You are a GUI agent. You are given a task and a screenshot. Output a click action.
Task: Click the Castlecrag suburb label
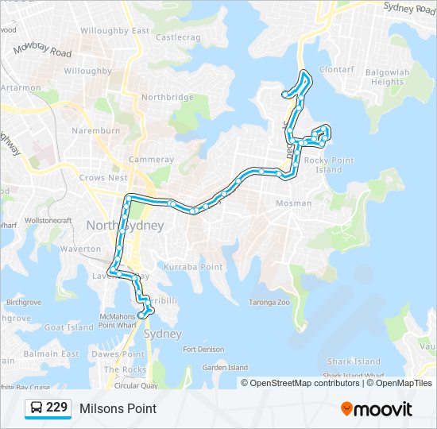pyautogui.click(x=176, y=37)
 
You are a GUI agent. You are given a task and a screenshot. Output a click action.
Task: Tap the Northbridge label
pyautogui.click(x=167, y=97)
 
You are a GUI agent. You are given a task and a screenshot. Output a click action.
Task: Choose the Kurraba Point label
pyautogui.click(x=193, y=267)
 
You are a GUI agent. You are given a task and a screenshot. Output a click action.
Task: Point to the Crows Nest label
pyautogui.click(x=103, y=178)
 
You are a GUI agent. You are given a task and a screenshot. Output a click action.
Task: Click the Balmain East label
pyautogui.click(x=52, y=354)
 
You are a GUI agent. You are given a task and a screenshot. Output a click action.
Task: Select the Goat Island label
pyautogui.click(x=68, y=327)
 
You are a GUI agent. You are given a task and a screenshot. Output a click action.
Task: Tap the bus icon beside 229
pyautogui.click(x=37, y=408)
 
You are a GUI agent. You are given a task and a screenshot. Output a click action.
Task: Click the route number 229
pyautogui.click(x=56, y=408)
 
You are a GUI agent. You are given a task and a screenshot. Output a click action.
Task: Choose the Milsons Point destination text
pyautogui.click(x=118, y=408)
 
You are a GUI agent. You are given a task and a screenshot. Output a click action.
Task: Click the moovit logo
pyautogui.click(x=377, y=409)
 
